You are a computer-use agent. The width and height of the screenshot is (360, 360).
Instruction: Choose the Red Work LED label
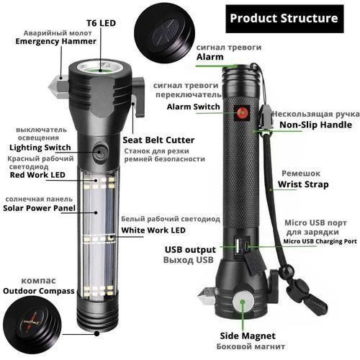point(37,175)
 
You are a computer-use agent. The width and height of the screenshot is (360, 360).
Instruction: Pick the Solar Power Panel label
point(40,208)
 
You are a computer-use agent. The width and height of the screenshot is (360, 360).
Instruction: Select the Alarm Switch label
point(194,106)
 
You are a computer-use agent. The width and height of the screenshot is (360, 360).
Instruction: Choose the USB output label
point(189,250)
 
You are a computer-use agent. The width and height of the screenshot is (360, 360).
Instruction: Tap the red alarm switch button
point(242,112)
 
